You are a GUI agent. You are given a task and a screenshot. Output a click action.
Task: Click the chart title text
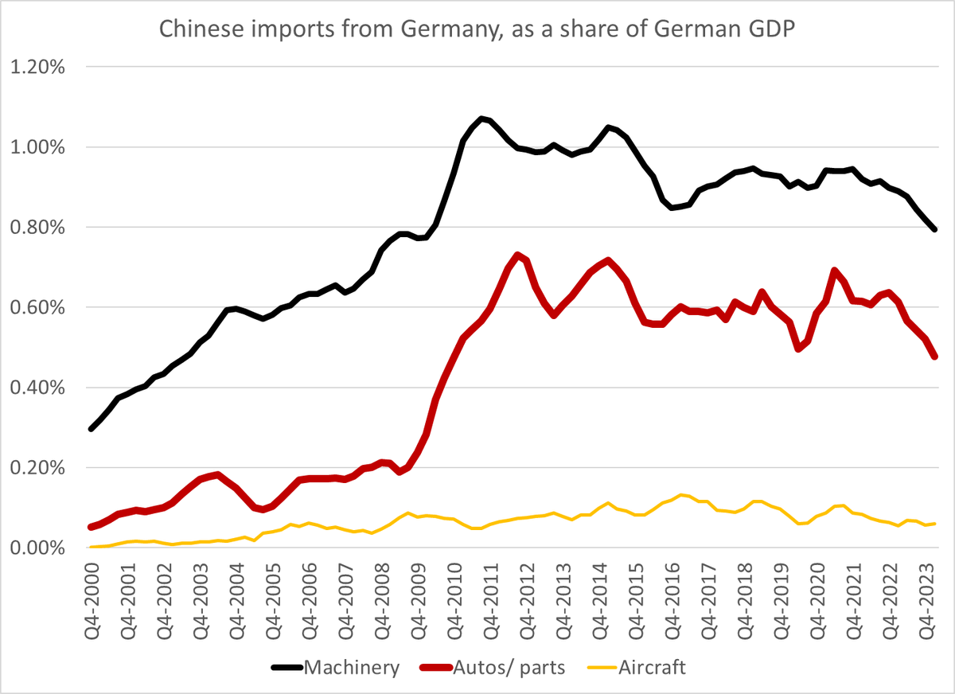[477, 29]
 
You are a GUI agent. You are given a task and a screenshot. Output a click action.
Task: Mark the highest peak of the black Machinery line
[481, 118]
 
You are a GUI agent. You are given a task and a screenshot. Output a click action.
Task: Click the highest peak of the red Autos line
[517, 255]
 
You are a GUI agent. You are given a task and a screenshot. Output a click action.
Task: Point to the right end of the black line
[935, 229]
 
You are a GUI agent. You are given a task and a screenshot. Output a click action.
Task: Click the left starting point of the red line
[91, 527]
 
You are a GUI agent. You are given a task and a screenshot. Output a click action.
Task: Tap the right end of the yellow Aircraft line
[935, 524]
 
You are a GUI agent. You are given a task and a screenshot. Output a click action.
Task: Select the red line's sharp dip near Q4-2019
[798, 349]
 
